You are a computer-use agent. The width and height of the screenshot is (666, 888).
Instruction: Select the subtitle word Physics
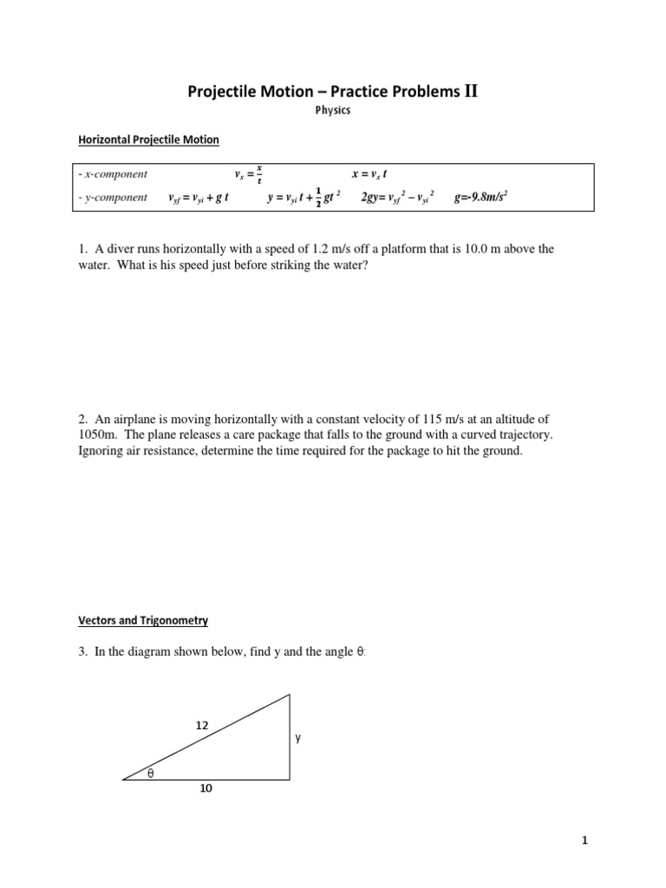(333, 111)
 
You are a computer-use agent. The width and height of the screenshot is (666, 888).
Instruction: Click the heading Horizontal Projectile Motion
(149, 139)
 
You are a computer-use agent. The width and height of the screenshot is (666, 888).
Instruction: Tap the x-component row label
(113, 173)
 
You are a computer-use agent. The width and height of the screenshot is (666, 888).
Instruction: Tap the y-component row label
(113, 198)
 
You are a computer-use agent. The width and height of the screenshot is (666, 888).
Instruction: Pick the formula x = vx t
(375, 173)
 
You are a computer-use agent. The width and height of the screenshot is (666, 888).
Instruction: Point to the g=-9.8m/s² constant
(480, 198)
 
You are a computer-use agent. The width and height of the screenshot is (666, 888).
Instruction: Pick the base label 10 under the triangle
(206, 788)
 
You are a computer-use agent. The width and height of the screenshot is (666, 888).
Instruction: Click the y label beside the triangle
(297, 738)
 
